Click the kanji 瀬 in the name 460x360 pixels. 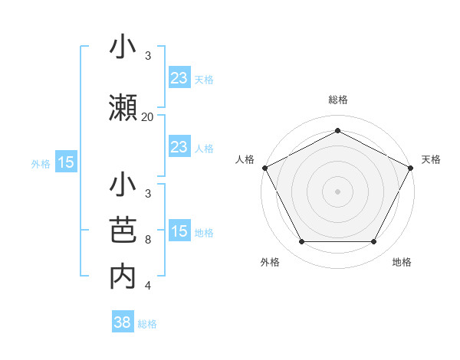pos(123,106)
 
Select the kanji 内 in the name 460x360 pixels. pos(123,275)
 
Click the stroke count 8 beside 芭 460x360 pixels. pos(147,240)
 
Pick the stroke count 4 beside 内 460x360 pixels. pos(147,286)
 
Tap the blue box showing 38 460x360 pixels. pos(123,322)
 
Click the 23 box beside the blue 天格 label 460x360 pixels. pos(179,78)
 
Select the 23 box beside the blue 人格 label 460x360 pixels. pos(179,147)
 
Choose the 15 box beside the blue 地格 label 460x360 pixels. pos(179,232)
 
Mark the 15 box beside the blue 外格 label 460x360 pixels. pos(65,162)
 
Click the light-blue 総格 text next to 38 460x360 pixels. pos(147,324)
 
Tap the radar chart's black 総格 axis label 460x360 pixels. pos(337,100)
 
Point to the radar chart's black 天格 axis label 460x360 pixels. pos(431,159)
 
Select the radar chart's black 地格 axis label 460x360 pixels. pos(402,262)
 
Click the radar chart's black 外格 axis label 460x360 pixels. pos(270,262)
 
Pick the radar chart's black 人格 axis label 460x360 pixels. pos(245,159)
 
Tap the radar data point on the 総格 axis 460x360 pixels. pos(337,131)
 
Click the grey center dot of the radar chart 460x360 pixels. pos(337,191)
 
